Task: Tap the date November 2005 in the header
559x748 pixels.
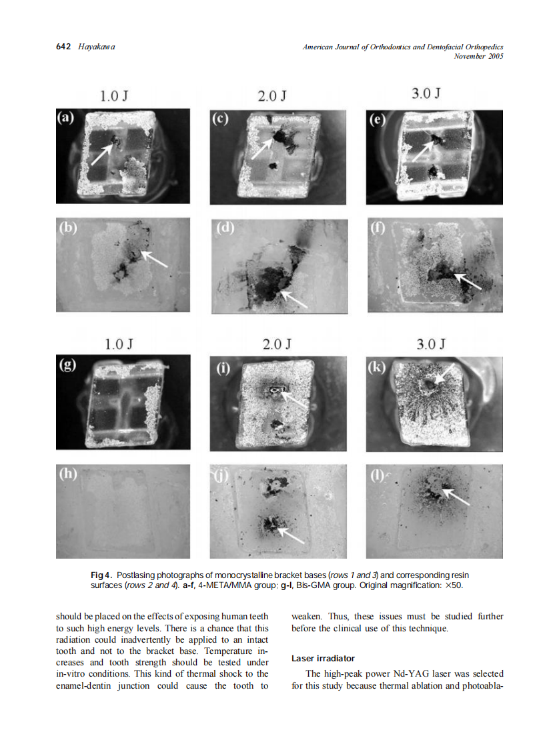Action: (478, 56)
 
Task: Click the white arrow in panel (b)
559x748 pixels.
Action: (155, 258)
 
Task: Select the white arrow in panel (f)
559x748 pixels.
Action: (468, 281)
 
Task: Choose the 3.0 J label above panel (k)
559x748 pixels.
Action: (431, 344)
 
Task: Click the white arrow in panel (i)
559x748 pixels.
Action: (294, 399)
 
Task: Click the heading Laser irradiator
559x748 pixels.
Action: (323, 658)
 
